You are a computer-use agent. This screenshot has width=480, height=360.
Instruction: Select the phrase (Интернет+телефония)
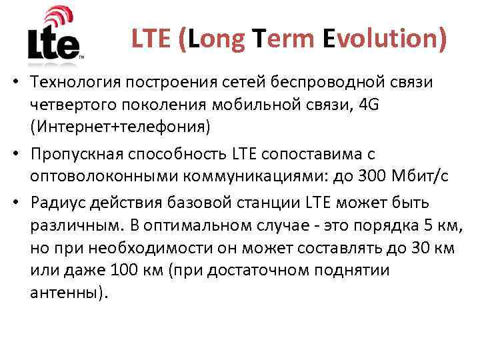(x=120, y=127)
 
